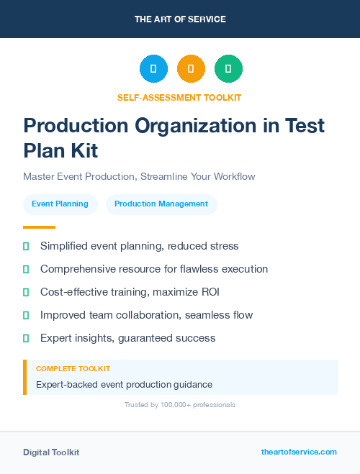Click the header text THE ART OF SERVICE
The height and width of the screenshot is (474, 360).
[x=180, y=19]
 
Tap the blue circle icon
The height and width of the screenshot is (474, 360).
[x=153, y=68]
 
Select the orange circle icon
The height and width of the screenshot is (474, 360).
[x=191, y=68]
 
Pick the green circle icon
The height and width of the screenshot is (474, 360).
[x=228, y=68]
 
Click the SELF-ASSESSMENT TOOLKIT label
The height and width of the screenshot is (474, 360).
[x=179, y=97]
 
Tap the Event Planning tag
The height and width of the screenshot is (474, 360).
[x=60, y=204]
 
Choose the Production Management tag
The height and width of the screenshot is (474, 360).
[x=161, y=204]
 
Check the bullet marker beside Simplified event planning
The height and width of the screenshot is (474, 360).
[x=26, y=247]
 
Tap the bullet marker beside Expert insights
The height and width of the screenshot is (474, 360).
[x=26, y=338]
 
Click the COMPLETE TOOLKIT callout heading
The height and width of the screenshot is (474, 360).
[x=73, y=368]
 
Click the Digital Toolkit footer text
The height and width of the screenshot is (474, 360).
[x=51, y=452]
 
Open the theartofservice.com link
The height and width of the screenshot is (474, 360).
[x=299, y=452]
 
